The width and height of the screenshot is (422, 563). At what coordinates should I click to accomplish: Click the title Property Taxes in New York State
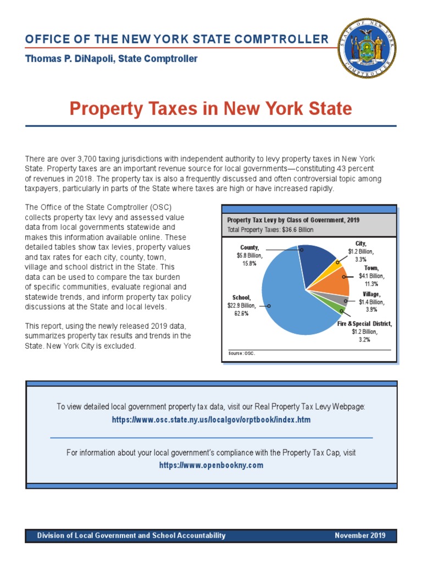[x=210, y=108]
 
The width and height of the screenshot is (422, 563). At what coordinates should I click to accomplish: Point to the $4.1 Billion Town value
[x=371, y=276]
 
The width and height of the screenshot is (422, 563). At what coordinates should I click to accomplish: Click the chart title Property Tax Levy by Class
[x=293, y=220]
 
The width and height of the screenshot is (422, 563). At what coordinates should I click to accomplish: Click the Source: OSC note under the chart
[x=242, y=353]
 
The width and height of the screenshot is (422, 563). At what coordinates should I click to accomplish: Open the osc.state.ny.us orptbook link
[x=211, y=420]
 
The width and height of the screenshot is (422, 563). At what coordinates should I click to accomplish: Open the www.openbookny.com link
[x=211, y=465]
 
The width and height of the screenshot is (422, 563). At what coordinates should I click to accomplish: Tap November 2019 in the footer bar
[x=360, y=536]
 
